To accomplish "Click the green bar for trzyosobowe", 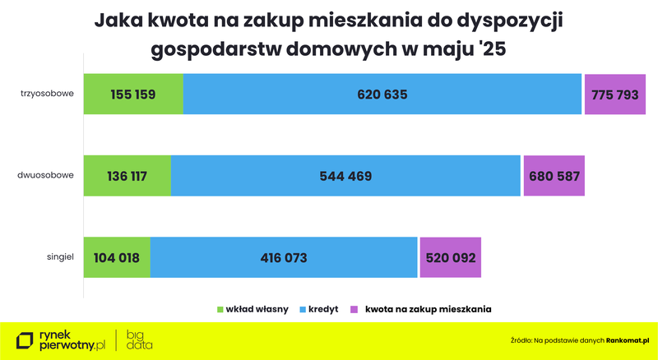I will coord(133,94).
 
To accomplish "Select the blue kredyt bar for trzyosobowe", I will coord(382,94).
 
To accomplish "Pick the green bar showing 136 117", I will coord(127,175).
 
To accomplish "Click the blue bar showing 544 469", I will coord(345,175).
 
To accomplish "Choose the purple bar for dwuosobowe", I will coord(554,175).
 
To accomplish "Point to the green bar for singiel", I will coord(117,257).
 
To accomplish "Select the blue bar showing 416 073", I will coord(284,257).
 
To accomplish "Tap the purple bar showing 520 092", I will coord(450,257).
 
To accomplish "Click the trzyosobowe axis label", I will coord(48,93).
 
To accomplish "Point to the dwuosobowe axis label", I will coord(47,175).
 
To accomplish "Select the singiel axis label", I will coord(60,257).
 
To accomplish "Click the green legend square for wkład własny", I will coord(220,309).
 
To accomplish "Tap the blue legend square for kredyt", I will coord(303,309).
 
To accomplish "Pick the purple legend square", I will coord(354,309).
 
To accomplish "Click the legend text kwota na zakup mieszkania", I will coord(428,309).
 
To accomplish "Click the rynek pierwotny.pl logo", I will coord(61,339).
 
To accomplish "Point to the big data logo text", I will coord(139,339).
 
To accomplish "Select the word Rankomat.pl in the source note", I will coord(628,339).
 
